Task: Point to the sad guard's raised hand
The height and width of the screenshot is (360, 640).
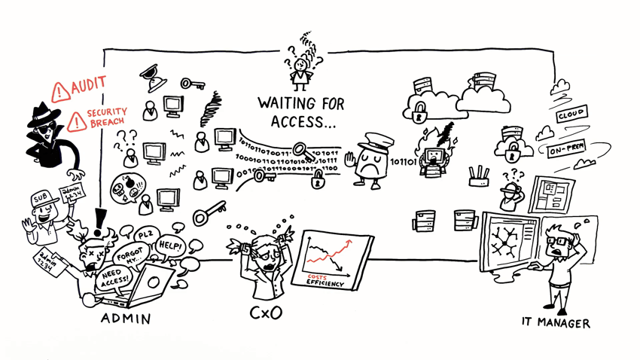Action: point(348,160)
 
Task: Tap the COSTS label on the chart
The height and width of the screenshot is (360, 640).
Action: point(317,278)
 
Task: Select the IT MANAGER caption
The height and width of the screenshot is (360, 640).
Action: point(556,322)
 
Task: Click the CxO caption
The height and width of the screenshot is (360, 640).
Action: point(265,312)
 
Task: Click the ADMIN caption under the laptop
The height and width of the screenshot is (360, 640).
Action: point(126,319)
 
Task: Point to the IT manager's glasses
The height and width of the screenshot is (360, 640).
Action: point(558,241)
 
